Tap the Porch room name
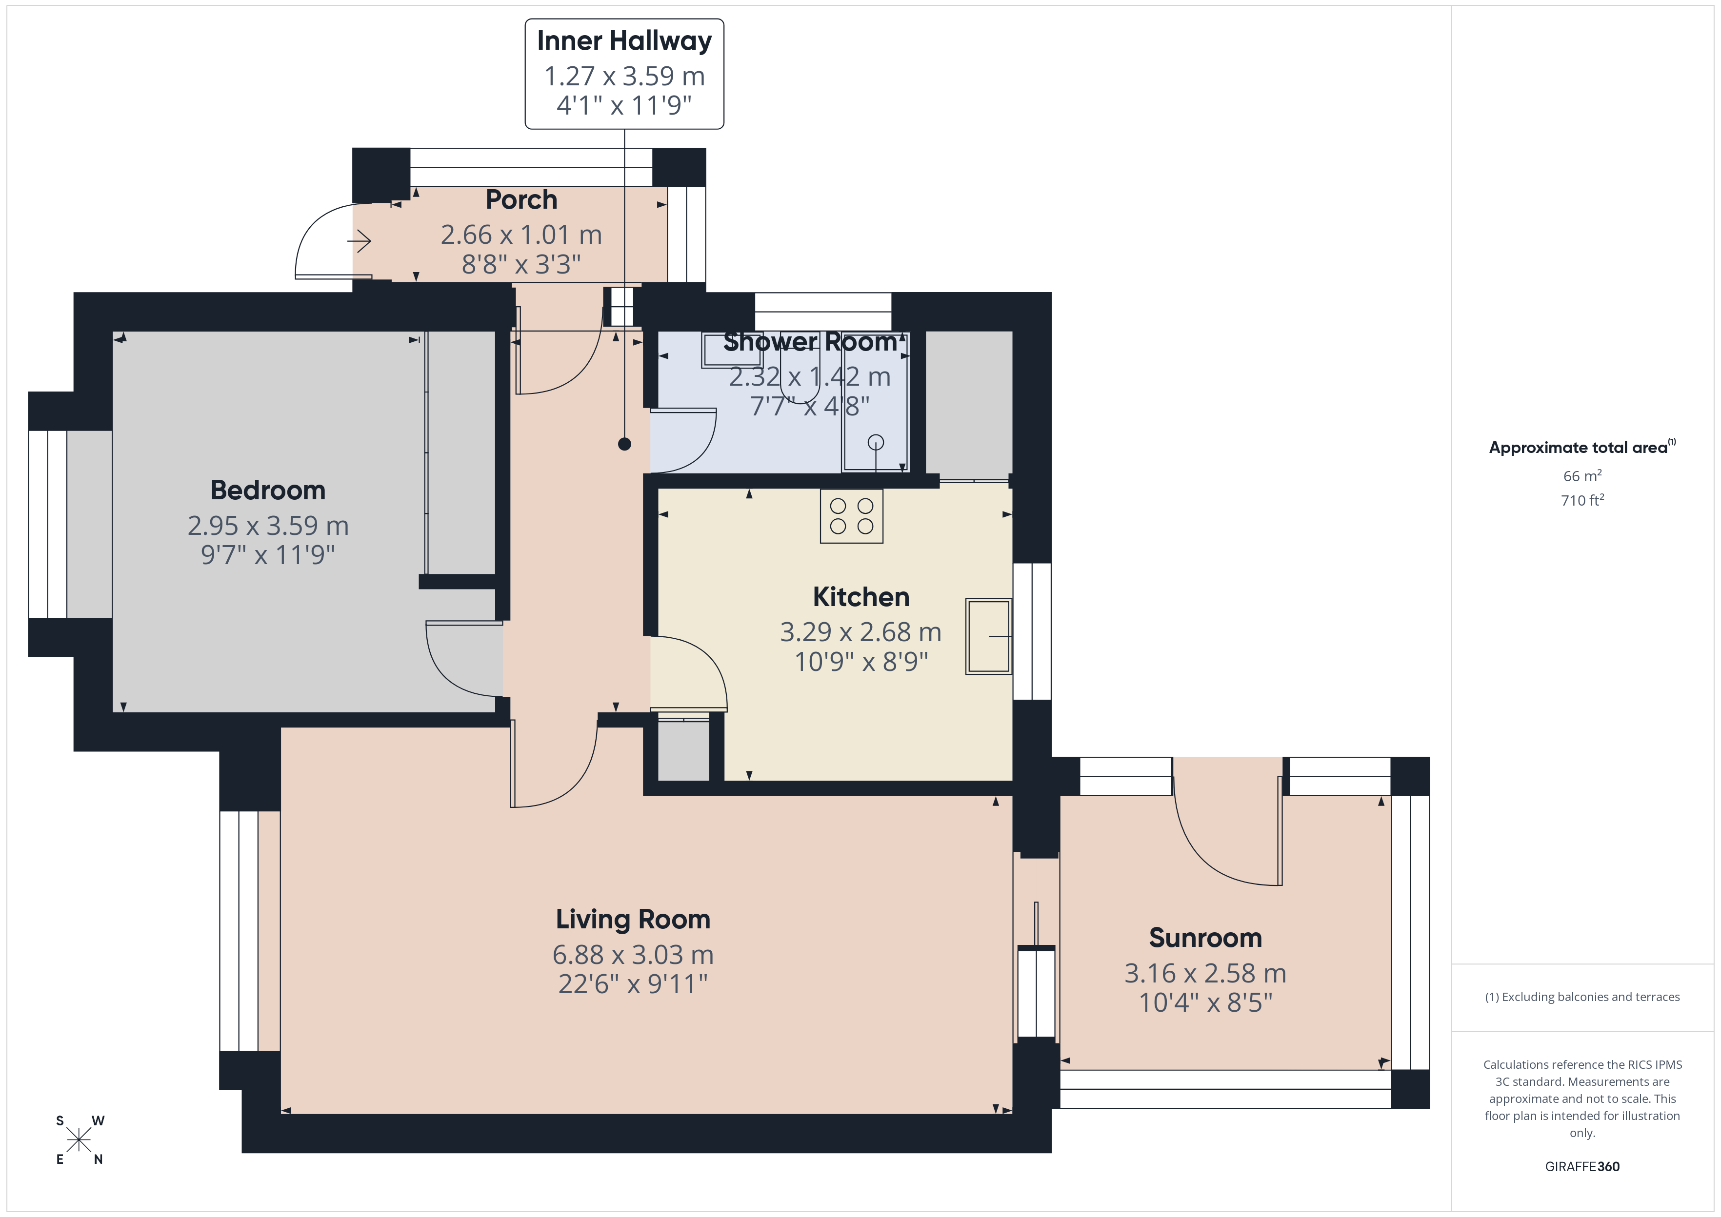pos(521,199)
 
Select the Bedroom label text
pos(268,490)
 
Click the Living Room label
pos(633,920)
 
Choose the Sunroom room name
pos(1205,938)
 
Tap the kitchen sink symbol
pos(989,636)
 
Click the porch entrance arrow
pos(359,241)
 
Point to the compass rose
pos(79,1140)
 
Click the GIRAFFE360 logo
pos(1582,1167)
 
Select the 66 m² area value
pos(1582,476)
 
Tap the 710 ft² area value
pos(1582,500)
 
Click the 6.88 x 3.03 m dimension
pos(633,955)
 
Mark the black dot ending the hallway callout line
pos(624,444)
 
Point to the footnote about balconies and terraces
pos(1582,997)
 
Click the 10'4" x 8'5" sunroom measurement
pos(1205,1002)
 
